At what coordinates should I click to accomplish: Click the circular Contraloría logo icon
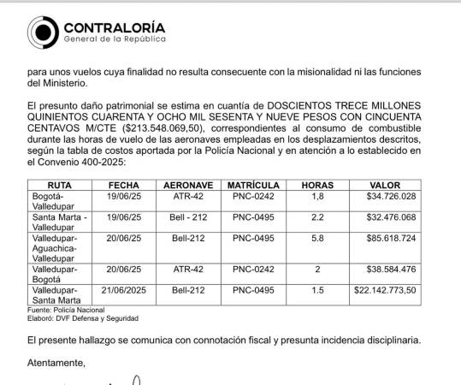tap(44, 32)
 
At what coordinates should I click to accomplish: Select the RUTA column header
tap(60, 185)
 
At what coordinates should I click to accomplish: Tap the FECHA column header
tap(124, 185)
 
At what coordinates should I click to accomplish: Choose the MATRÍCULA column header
tap(253, 185)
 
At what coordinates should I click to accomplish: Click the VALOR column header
tap(384, 185)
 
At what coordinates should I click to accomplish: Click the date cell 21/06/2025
tap(124, 290)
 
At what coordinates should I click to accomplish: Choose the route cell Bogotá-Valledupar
tap(56, 201)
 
